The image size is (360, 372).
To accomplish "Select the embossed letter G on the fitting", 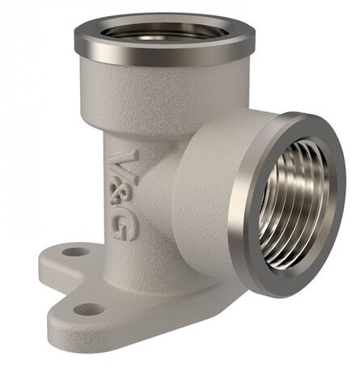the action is [124, 226].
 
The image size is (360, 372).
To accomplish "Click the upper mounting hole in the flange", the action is [76, 252].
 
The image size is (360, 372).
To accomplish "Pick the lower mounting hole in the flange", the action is [88, 310].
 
